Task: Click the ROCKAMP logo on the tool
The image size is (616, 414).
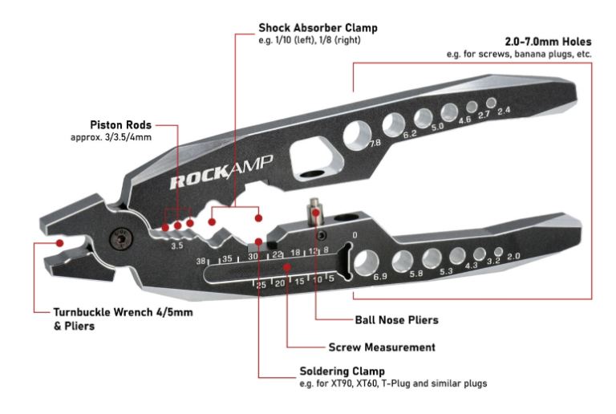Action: coord(221,172)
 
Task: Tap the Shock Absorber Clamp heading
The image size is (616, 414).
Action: coord(317,28)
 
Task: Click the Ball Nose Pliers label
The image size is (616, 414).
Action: coord(396,319)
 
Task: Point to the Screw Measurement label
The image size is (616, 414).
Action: coord(382,347)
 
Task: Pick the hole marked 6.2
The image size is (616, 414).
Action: coord(394,123)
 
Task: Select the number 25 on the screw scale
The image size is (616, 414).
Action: coord(261,284)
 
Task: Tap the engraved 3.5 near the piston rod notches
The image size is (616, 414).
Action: coord(177,246)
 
